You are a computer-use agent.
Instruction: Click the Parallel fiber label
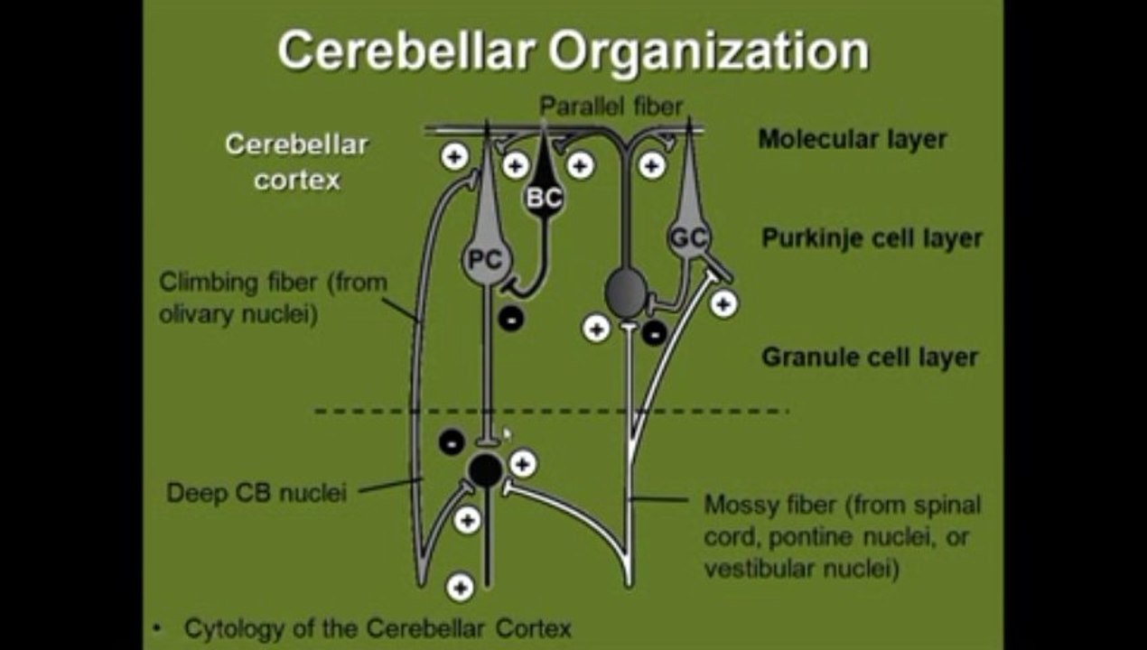click(x=611, y=107)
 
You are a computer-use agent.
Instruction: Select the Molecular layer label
click(x=853, y=139)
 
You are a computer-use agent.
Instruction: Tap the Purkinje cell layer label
click(x=872, y=238)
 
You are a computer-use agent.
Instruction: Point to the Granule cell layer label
click(x=870, y=357)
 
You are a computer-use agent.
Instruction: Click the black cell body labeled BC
click(x=544, y=197)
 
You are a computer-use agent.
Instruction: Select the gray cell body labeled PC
click(x=487, y=260)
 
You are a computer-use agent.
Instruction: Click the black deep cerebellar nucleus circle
click(x=485, y=469)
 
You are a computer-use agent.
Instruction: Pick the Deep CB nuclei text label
click(x=256, y=493)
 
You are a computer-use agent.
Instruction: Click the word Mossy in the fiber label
click(x=735, y=505)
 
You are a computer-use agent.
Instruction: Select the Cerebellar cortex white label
click(x=297, y=162)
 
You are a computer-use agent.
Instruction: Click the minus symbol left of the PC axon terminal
click(x=452, y=442)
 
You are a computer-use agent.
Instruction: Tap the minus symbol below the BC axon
click(x=510, y=319)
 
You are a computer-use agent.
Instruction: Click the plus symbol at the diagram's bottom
click(x=460, y=588)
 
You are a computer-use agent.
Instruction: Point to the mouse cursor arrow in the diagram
click(x=507, y=434)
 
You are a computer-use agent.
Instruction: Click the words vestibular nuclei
click(x=801, y=569)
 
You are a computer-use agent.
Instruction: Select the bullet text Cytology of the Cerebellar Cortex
click(x=378, y=628)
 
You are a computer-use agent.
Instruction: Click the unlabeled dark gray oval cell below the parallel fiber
click(x=625, y=292)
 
